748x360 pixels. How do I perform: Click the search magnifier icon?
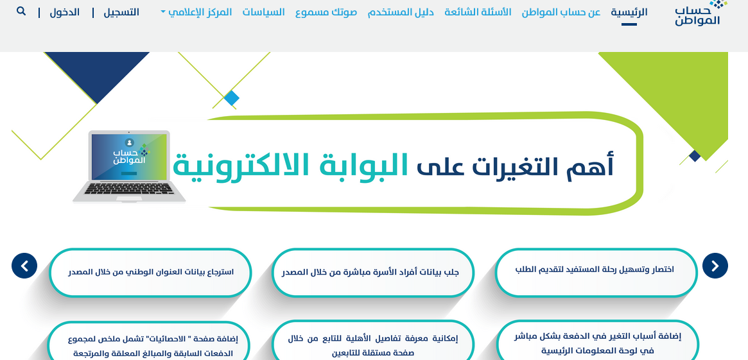(x=21, y=11)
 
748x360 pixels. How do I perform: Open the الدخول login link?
(x=64, y=12)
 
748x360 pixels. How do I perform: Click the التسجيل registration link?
(x=121, y=12)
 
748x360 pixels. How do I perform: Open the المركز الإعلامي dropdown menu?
(x=196, y=12)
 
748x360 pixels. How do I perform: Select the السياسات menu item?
(x=263, y=12)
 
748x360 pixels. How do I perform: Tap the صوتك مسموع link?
(x=326, y=12)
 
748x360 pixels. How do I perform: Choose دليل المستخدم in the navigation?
(x=401, y=12)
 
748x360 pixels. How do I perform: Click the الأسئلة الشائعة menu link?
(x=478, y=12)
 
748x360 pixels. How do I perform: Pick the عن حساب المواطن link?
(x=561, y=12)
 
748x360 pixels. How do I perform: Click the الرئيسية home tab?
(x=629, y=12)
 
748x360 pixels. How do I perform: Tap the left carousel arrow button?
(x=24, y=266)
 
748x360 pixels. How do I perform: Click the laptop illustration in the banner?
(x=129, y=166)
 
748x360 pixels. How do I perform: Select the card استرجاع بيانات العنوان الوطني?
(x=150, y=273)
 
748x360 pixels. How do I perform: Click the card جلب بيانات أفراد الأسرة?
(x=372, y=273)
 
